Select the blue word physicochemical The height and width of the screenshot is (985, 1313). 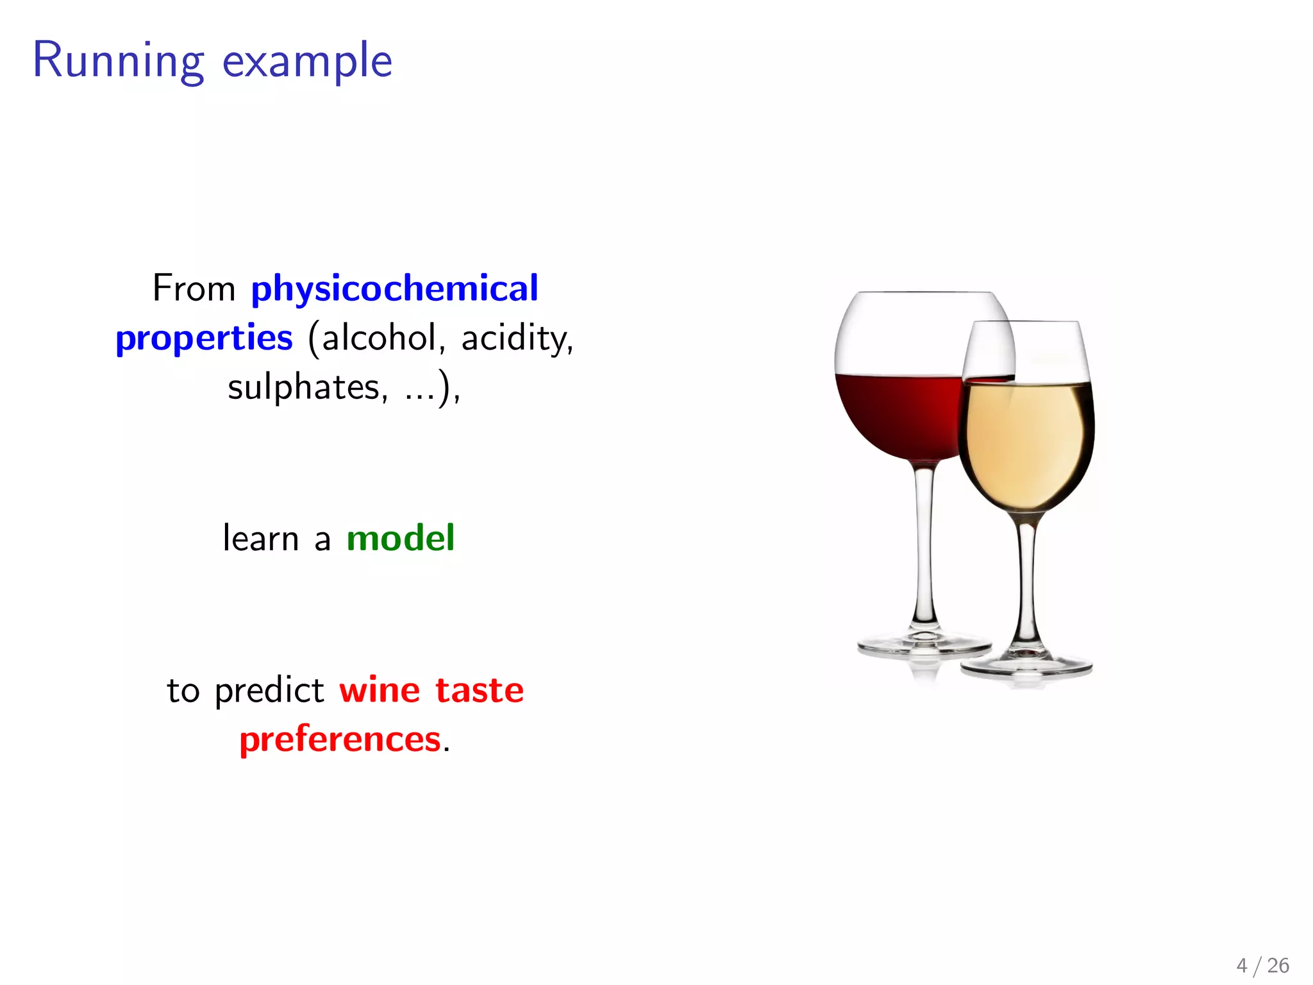394,289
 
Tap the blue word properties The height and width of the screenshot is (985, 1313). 204,338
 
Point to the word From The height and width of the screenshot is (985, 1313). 194,289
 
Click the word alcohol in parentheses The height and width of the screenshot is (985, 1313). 379,338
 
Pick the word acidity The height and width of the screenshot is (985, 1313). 517,338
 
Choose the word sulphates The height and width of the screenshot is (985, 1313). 307,387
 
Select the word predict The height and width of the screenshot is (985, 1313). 269,691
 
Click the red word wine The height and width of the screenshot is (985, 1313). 380,691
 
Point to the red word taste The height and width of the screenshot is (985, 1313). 480,691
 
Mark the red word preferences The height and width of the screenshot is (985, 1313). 340,739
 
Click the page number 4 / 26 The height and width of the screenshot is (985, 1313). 1262,965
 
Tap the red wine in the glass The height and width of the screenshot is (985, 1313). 898,417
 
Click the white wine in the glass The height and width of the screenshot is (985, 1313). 1026,442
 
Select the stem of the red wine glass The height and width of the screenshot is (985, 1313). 924,545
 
